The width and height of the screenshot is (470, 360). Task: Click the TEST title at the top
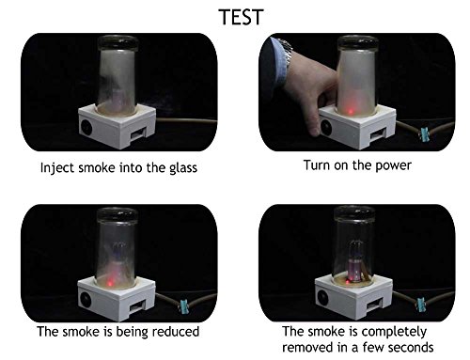coord(241,17)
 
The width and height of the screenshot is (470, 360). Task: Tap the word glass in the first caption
coord(183,167)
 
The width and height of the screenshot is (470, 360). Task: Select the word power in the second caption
coord(393,165)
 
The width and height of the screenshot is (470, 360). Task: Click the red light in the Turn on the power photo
coord(351,111)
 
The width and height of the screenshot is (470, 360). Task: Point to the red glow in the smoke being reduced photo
coord(110,284)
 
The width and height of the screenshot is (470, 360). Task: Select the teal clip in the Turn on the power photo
coord(425,133)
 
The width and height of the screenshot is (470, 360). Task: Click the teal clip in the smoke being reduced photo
coord(183,306)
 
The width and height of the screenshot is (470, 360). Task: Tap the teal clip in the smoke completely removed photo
coord(421,305)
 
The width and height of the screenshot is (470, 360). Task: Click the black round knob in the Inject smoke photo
coord(86,127)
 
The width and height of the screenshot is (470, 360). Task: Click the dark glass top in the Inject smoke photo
coord(117,43)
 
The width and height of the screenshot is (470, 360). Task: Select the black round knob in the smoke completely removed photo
coord(323,297)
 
